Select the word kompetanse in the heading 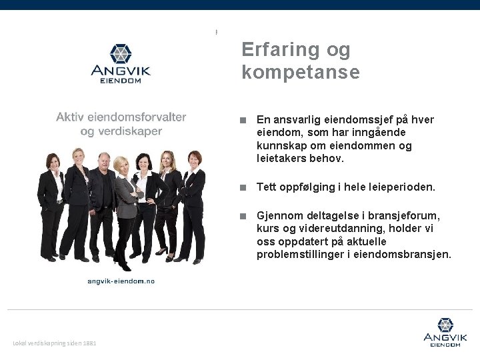[300, 72]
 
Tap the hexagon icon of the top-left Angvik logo [121, 53]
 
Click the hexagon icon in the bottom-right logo [445, 325]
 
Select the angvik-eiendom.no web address [121, 281]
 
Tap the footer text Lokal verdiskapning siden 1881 [55, 343]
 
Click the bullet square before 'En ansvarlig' [245, 121]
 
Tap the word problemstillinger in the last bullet [298, 255]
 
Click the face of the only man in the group [104, 161]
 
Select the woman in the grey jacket [125, 200]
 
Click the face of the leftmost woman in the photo [51, 161]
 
